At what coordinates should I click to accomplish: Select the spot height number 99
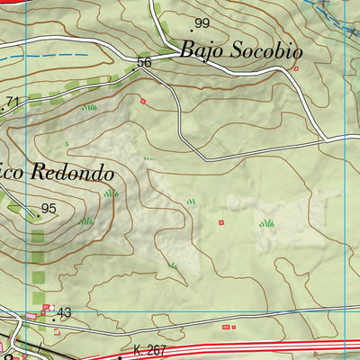pyautogui.click(x=201, y=23)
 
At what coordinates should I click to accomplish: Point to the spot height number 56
pyautogui.click(x=144, y=63)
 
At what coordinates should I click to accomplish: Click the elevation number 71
pyautogui.click(x=12, y=102)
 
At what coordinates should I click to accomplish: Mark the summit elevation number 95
pyautogui.click(x=49, y=209)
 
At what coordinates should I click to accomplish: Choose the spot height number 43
pyautogui.click(x=64, y=312)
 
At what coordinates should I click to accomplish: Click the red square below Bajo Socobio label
pyautogui.click(x=295, y=67)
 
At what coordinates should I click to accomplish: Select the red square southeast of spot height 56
pyautogui.click(x=142, y=101)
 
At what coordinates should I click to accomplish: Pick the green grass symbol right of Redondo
pyautogui.click(x=111, y=193)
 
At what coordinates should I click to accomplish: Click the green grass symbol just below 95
pyautogui.click(x=86, y=220)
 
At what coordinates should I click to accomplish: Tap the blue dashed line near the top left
pyautogui.click(x=54, y=56)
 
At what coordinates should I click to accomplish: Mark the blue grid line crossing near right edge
pyautogui.click(x=345, y=180)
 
